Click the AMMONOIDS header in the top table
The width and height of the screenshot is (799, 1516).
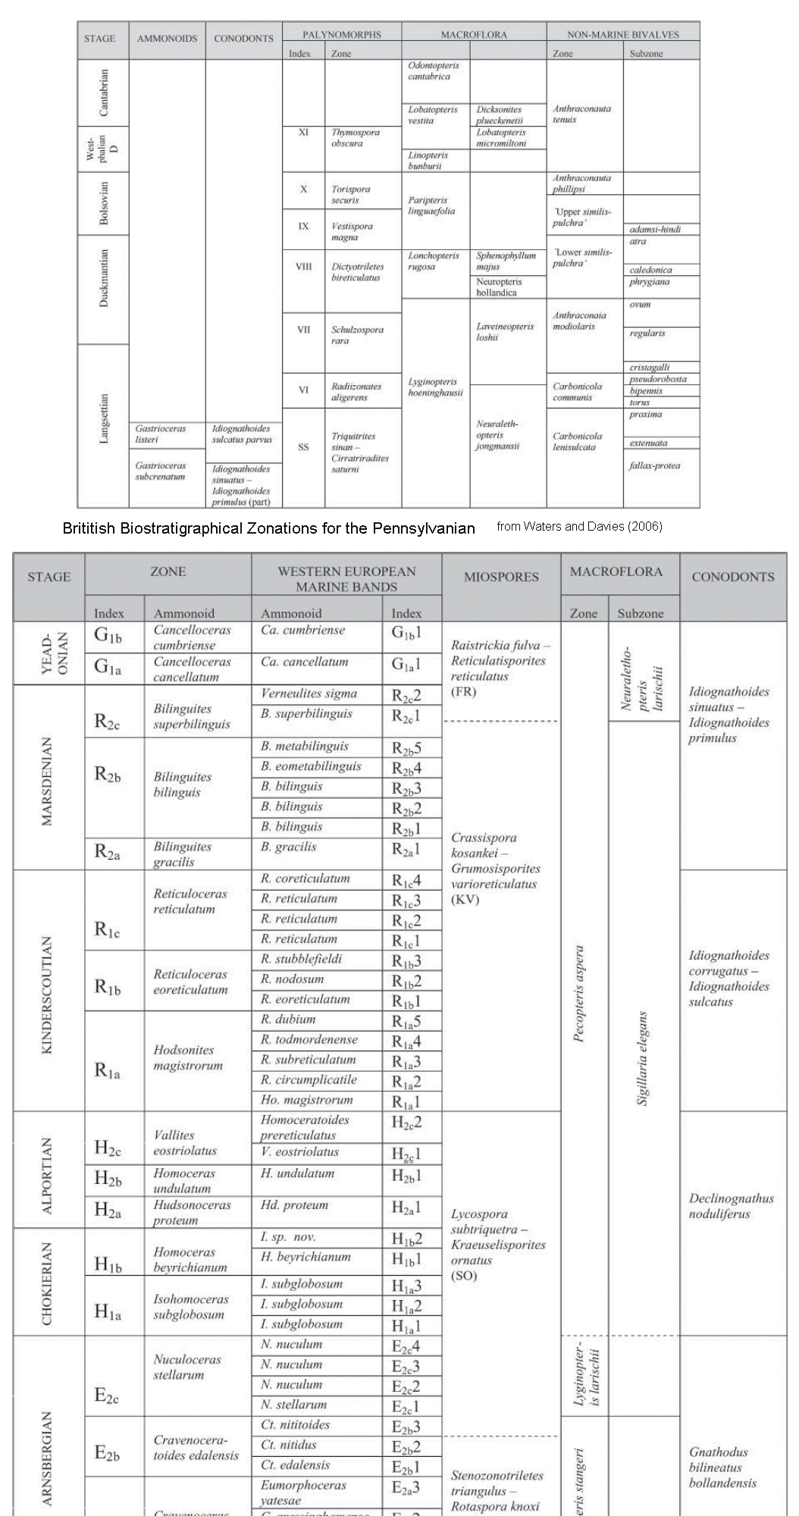[x=167, y=39]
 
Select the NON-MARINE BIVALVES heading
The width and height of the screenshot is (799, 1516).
[x=622, y=34]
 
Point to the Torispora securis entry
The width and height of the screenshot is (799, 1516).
[x=350, y=194]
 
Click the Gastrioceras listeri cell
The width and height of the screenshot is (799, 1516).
[x=160, y=434]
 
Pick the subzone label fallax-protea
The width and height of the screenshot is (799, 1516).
[x=654, y=465]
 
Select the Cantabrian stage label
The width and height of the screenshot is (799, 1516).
[x=104, y=92]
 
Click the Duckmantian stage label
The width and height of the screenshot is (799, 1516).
[x=104, y=277]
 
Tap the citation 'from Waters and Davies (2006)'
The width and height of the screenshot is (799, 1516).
[x=579, y=526]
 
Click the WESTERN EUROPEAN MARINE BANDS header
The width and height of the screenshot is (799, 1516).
[x=346, y=579]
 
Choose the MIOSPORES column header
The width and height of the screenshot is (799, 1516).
[x=500, y=577]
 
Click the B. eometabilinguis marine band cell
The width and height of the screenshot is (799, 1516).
[x=311, y=766]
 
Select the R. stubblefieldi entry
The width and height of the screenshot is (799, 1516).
[x=301, y=959]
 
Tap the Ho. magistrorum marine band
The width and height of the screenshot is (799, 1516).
[x=306, y=1100]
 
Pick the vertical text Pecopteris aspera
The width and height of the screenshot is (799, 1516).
[x=579, y=994]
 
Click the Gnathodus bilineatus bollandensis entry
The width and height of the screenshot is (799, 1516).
[x=722, y=1467]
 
